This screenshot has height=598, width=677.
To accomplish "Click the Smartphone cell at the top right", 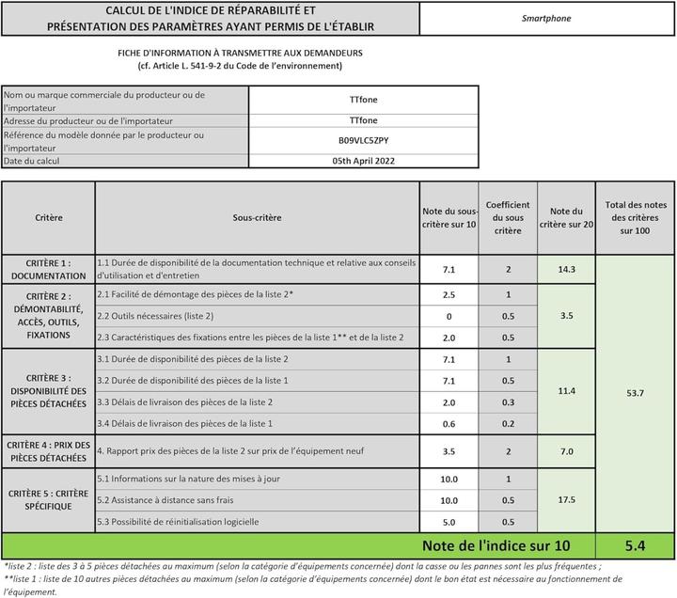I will pyautogui.click(x=546, y=18).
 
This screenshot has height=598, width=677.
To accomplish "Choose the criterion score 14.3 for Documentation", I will pyautogui.click(x=566, y=269).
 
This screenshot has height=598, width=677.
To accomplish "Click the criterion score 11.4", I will pyautogui.click(x=566, y=389).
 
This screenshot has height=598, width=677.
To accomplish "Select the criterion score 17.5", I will pyautogui.click(x=566, y=499).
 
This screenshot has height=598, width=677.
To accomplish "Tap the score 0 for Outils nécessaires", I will pyautogui.click(x=449, y=316).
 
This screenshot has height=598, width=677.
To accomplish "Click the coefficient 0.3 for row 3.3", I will pyautogui.click(x=508, y=401).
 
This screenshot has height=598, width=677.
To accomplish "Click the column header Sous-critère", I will pyautogui.click(x=257, y=217).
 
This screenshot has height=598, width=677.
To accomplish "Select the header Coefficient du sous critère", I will pyautogui.click(x=508, y=217).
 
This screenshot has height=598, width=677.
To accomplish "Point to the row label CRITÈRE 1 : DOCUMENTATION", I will pyautogui.click(x=48, y=270).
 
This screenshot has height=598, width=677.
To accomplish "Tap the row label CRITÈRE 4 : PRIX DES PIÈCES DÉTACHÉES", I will pyautogui.click(x=48, y=451).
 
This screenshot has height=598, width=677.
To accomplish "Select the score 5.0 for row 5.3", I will pyautogui.click(x=449, y=521).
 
